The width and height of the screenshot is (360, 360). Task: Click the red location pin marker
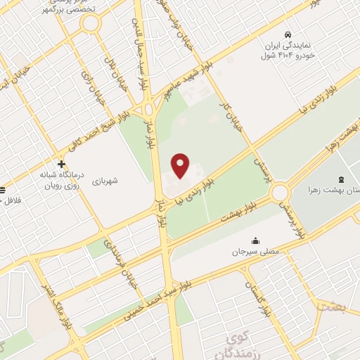click(x=181, y=165)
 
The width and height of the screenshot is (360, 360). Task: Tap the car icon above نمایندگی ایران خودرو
click(x=288, y=35)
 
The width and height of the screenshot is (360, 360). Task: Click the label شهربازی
click(x=104, y=181)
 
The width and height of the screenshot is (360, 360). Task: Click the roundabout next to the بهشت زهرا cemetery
click(x=281, y=192)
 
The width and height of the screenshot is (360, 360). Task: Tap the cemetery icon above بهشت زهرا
click(x=341, y=179)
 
